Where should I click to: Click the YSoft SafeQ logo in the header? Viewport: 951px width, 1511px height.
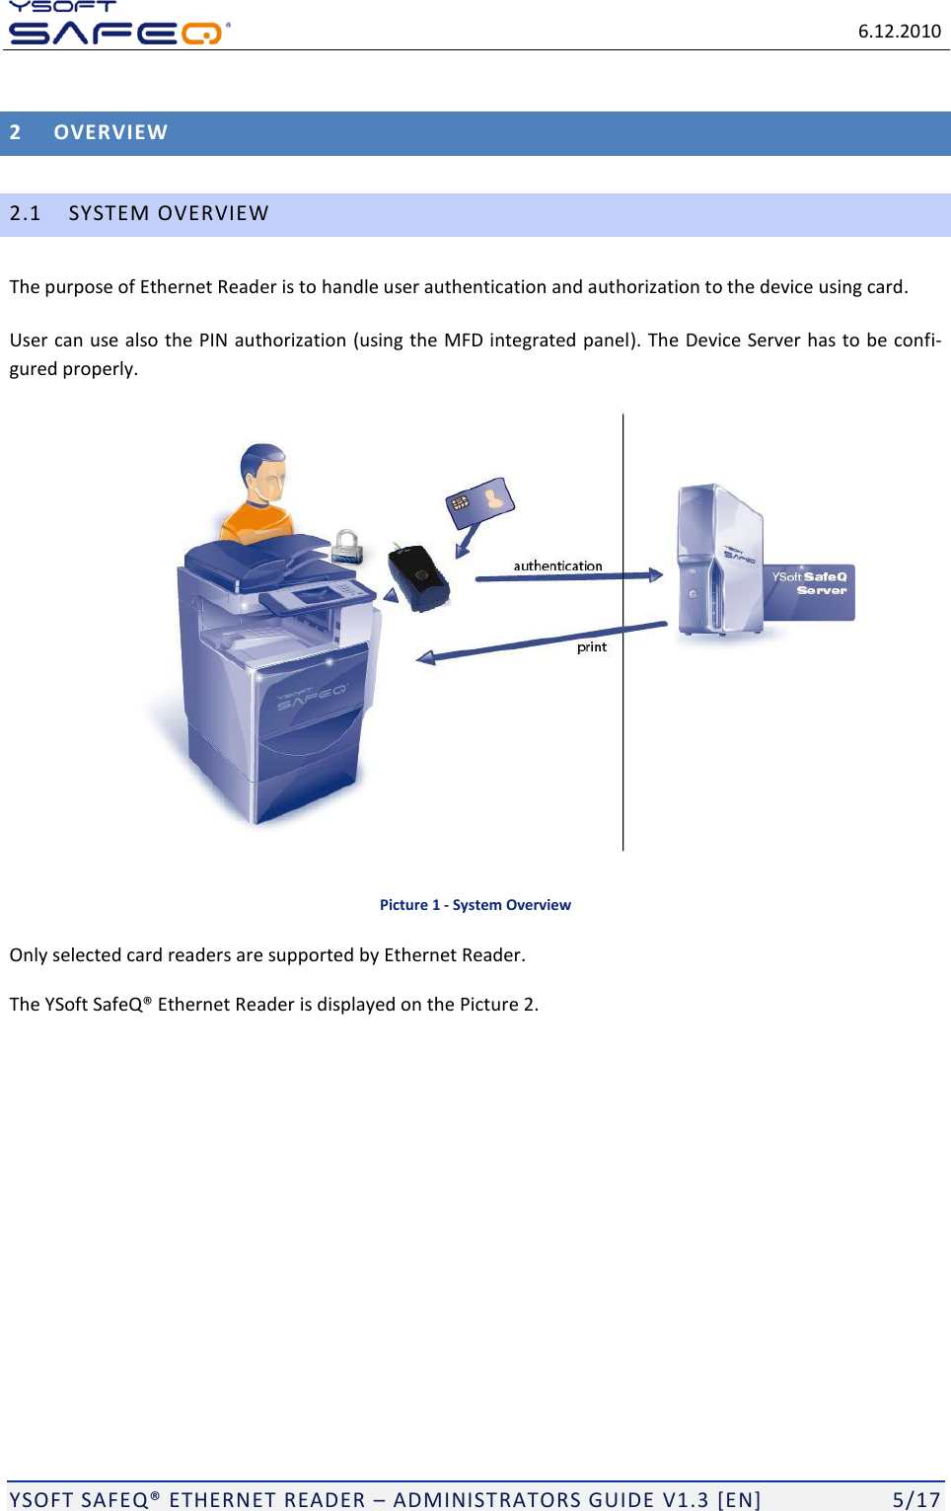tap(116, 25)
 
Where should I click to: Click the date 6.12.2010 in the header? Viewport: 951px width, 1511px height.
tap(899, 32)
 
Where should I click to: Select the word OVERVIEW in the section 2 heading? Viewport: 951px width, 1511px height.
tap(110, 133)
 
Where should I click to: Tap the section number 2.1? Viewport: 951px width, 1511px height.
tap(26, 214)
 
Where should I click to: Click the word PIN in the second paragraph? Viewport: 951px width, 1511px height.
tap(213, 340)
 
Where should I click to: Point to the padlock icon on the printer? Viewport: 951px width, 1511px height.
tap(346, 546)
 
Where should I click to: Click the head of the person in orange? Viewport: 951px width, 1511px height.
tap(263, 472)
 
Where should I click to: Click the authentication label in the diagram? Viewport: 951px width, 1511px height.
tap(557, 567)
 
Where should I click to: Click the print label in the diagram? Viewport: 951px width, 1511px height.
tap(592, 647)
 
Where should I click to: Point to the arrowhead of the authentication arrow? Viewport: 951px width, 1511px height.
tap(656, 575)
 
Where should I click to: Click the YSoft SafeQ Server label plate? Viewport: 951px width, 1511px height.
tap(809, 591)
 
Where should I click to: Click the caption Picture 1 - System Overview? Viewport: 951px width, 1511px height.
tap(475, 905)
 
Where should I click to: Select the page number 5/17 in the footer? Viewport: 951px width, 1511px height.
tap(915, 1500)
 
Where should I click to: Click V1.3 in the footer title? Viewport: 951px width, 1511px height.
tap(685, 1500)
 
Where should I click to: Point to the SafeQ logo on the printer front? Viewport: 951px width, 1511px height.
tap(311, 696)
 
